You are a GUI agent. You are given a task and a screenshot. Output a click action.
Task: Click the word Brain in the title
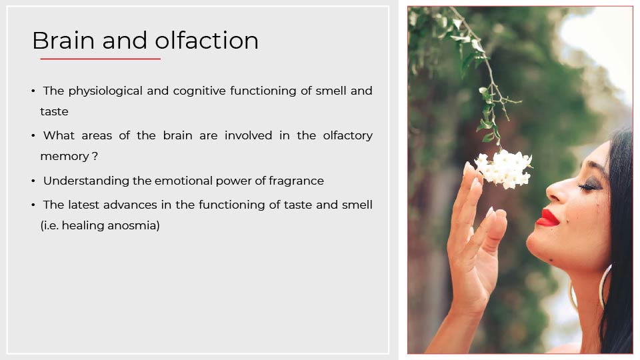pyautogui.click(x=63, y=41)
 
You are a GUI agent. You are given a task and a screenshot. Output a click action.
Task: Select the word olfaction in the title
pyautogui.click(x=207, y=41)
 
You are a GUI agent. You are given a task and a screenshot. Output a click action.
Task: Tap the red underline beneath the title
pyautogui.click(x=101, y=59)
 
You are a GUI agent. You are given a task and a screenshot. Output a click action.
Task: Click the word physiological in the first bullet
pyautogui.click(x=105, y=91)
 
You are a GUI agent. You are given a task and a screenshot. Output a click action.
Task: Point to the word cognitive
pyautogui.click(x=199, y=91)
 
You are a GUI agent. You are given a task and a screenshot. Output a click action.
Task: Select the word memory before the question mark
pyautogui.click(x=65, y=157)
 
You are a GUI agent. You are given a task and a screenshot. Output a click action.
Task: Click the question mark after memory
pyautogui.click(x=95, y=156)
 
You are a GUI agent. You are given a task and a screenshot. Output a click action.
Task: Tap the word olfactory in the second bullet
pyautogui.click(x=348, y=136)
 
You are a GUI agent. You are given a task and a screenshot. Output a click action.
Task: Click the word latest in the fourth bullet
pyautogui.click(x=84, y=205)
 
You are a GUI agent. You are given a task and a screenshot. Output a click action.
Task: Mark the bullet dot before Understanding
pyautogui.click(x=33, y=181)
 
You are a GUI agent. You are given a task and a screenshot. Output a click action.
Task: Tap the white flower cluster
pyautogui.click(x=504, y=168)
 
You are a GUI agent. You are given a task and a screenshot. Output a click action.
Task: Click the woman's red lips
pyautogui.click(x=548, y=217)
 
